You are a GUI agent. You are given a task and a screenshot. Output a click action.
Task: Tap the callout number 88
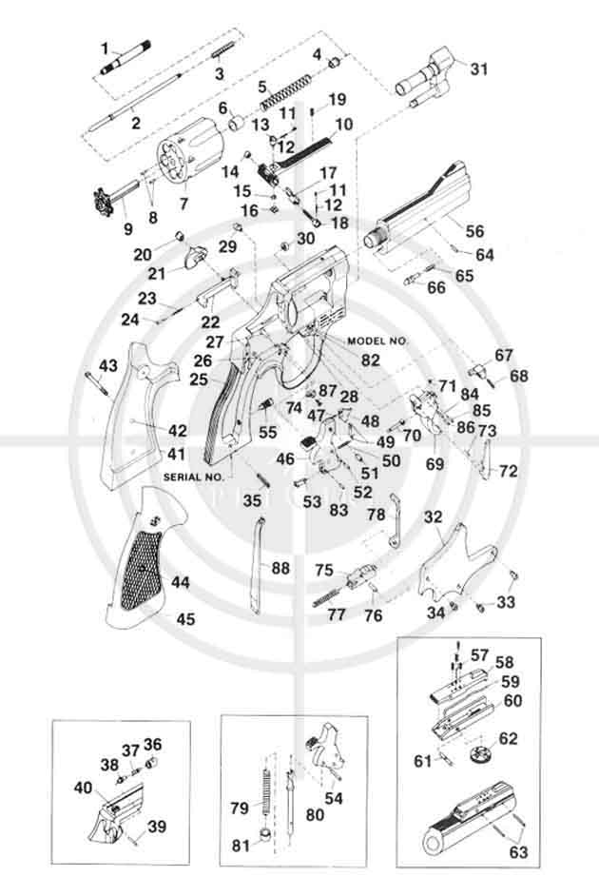pos(281,568)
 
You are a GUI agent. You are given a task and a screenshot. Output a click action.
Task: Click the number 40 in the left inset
pos(85,788)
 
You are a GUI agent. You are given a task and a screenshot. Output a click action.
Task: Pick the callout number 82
pos(370,360)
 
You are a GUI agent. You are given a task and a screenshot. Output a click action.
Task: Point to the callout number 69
pos(435,464)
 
